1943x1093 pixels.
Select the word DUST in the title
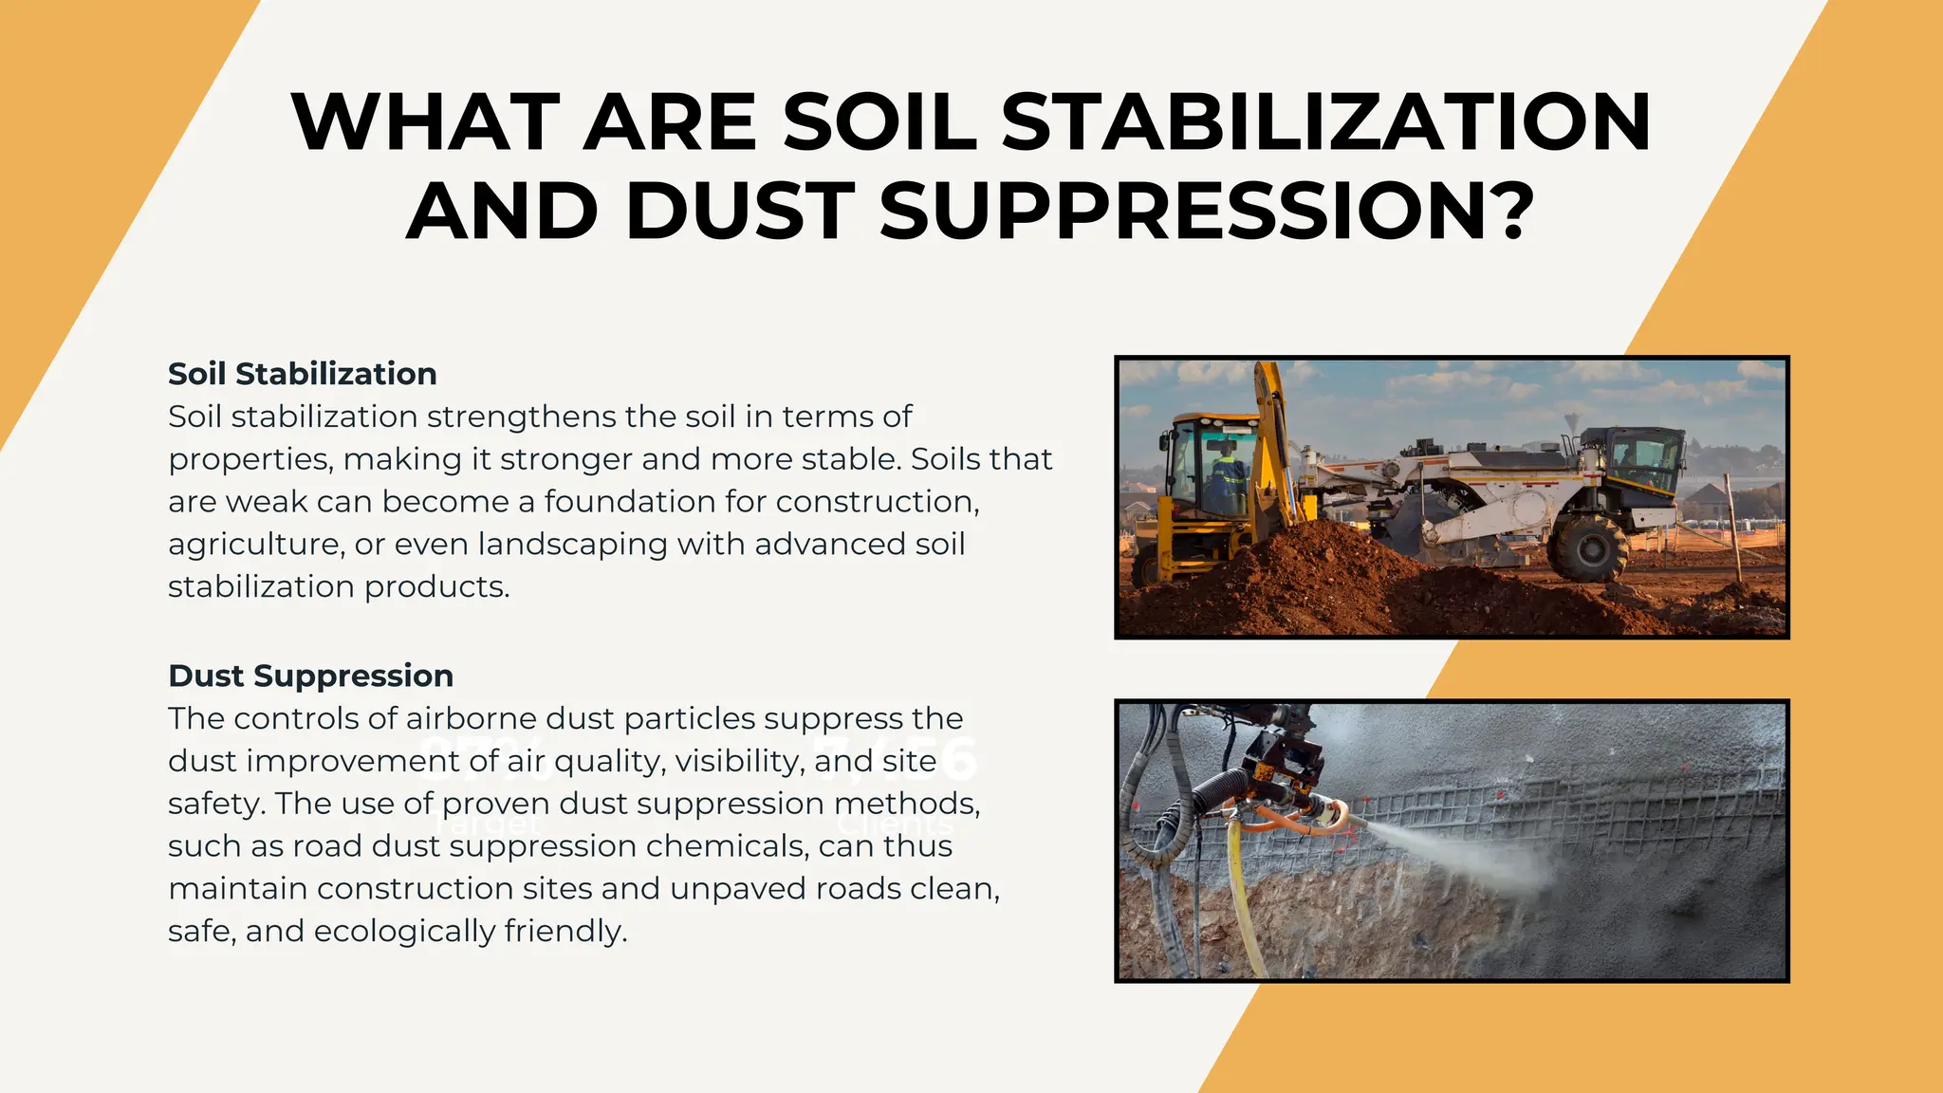click(x=740, y=210)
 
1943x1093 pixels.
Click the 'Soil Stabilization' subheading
click(x=302, y=374)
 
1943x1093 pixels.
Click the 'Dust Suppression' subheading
click(x=310, y=676)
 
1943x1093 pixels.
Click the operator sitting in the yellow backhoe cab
click(x=1226, y=474)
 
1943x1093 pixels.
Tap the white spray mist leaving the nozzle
click(x=1461, y=844)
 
